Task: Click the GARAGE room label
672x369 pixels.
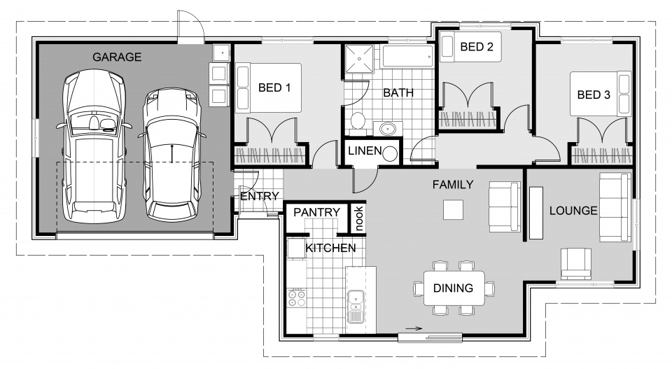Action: (117, 57)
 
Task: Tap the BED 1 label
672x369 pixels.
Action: (274, 88)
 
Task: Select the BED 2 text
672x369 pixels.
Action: (477, 47)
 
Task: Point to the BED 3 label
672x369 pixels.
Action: (594, 95)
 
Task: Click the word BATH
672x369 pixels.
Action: (398, 92)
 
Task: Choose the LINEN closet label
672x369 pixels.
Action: (365, 151)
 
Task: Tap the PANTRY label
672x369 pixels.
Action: (316, 212)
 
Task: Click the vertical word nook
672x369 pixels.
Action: (358, 218)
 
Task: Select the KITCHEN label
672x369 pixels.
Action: (330, 248)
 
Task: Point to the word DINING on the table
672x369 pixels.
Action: (453, 288)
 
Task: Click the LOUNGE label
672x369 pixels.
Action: (573, 211)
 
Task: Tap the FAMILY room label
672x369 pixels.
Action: (453, 185)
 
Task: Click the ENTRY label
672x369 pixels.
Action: (260, 196)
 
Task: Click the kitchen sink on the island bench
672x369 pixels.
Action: (356, 307)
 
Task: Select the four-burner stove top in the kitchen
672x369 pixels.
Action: (297, 298)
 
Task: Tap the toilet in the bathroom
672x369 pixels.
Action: (358, 120)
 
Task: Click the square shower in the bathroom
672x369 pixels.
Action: (359, 59)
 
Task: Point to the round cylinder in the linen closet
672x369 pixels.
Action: (390, 154)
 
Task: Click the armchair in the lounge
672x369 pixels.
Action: (576, 263)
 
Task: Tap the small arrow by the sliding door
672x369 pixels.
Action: (414, 329)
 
